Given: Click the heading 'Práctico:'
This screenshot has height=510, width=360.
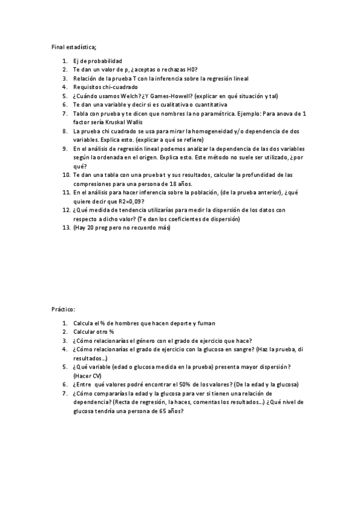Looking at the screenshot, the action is tap(63, 309).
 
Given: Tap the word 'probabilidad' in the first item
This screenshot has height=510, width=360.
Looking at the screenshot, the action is tap(103, 61).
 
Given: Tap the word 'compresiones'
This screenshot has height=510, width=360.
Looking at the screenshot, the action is tap(93, 183).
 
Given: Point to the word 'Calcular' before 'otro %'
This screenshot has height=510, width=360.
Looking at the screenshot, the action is tap(85, 332).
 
